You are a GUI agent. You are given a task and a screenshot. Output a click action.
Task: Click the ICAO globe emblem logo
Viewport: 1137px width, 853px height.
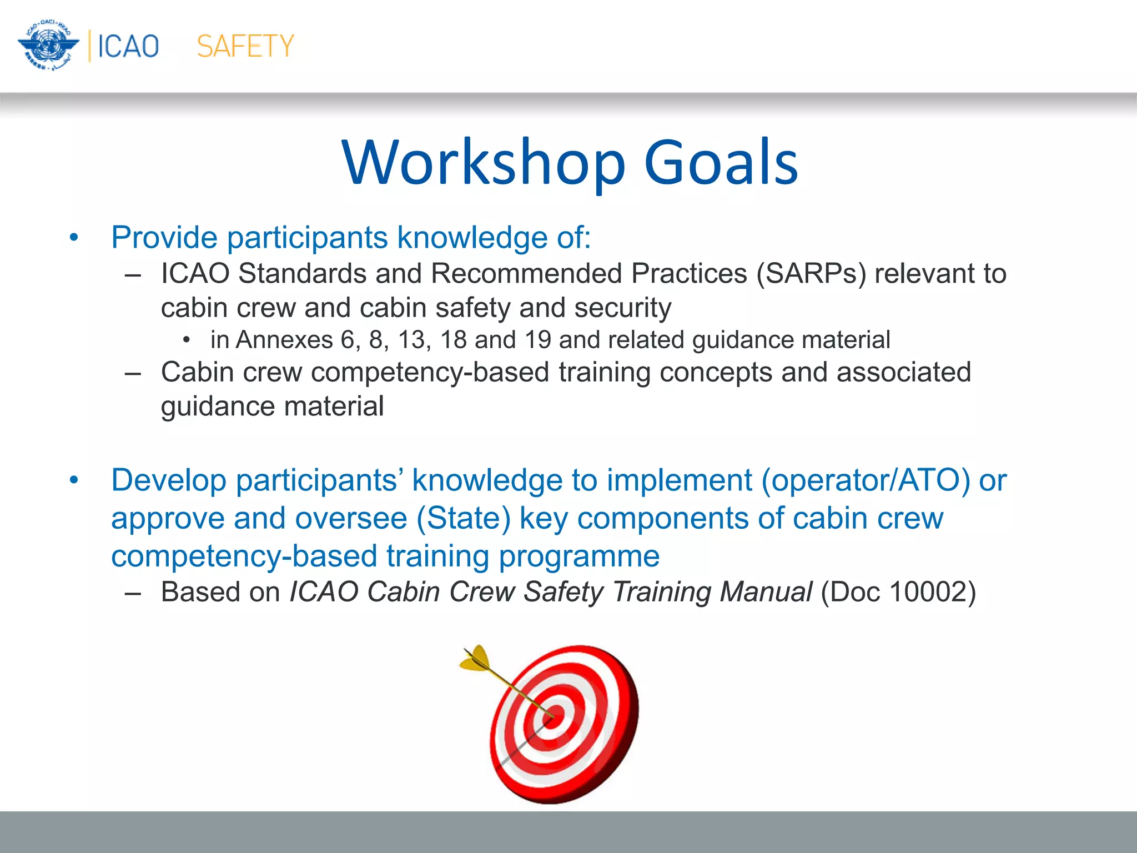click(49, 46)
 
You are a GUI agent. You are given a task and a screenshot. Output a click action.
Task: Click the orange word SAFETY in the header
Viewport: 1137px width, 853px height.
click(245, 46)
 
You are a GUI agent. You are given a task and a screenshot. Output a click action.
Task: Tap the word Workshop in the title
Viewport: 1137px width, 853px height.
click(484, 162)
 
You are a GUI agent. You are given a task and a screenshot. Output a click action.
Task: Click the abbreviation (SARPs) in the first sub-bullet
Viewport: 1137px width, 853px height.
click(811, 274)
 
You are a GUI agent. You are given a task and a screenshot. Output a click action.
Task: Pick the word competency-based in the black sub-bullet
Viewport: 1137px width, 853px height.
click(430, 372)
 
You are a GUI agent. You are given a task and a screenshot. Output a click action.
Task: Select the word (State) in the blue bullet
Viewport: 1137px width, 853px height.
click(464, 518)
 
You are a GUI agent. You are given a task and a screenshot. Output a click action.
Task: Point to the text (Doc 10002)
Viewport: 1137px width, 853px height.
click(898, 592)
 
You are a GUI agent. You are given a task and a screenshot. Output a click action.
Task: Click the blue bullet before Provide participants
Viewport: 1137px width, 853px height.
click(74, 239)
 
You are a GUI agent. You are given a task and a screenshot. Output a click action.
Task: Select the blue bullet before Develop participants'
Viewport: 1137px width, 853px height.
click(74, 481)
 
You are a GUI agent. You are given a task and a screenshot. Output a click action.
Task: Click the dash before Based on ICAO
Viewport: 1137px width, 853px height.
click(133, 593)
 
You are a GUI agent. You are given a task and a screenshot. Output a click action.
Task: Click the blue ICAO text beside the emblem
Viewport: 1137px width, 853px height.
click(128, 46)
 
